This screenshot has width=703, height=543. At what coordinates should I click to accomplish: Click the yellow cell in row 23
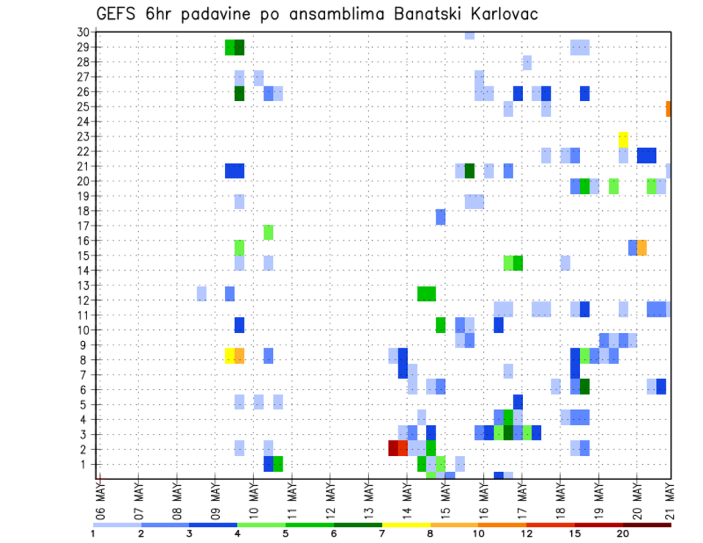pyautogui.click(x=623, y=139)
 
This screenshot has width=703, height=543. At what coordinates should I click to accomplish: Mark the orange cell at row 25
pyautogui.click(x=669, y=108)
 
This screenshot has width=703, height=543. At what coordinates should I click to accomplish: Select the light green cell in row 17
pyautogui.click(x=268, y=232)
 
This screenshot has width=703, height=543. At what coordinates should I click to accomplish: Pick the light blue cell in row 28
pyautogui.click(x=527, y=62)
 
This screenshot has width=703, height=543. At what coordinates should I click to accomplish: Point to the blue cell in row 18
pyautogui.click(x=441, y=217)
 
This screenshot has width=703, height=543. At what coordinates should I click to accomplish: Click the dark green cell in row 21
pyautogui.click(x=469, y=171)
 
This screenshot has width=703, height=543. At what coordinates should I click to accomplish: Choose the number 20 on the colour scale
pyautogui.click(x=623, y=533)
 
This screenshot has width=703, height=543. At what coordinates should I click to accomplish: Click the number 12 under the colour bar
pyautogui.click(x=527, y=533)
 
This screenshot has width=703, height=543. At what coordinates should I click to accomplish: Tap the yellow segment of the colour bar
pyautogui.click(x=406, y=525)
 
